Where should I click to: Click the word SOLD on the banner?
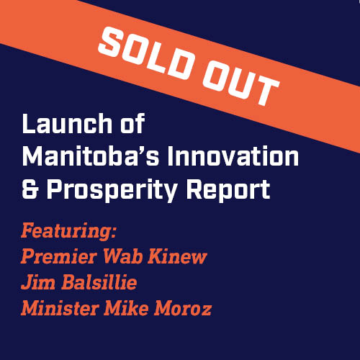(x=145, y=53)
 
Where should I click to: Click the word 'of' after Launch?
(x=132, y=123)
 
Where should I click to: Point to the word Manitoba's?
(x=91, y=156)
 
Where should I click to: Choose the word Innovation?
(x=233, y=156)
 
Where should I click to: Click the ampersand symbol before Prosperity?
(x=30, y=189)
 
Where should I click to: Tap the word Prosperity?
(x=112, y=190)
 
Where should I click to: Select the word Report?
(x=228, y=190)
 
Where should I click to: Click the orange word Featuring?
(x=65, y=232)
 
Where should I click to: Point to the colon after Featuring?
(x=114, y=233)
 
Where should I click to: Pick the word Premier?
(x=59, y=256)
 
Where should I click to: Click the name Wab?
(x=122, y=256)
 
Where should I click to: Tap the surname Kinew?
(x=177, y=256)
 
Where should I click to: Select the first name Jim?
(x=38, y=282)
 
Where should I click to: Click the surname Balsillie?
(x=99, y=282)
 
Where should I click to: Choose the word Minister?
(x=60, y=308)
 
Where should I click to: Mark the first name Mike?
(x=126, y=308)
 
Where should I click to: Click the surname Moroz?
(x=183, y=308)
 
